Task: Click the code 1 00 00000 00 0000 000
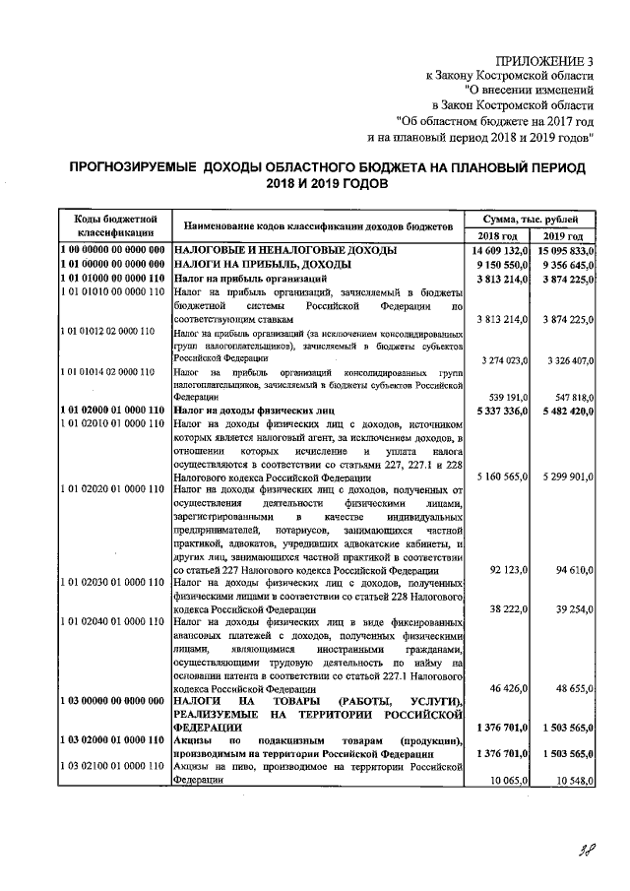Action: [112, 251]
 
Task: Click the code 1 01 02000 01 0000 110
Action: [112, 409]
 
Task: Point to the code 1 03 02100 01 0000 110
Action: [111, 765]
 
